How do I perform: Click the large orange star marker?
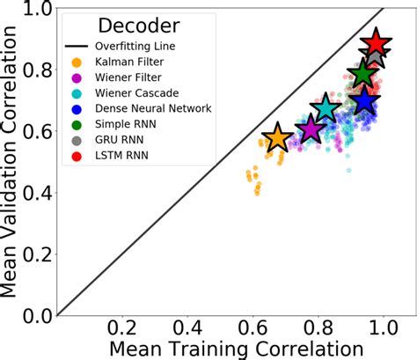pos(277,137)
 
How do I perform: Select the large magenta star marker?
pos(310,129)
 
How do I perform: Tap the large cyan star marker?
pos(326,108)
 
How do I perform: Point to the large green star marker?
pos(362,75)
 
